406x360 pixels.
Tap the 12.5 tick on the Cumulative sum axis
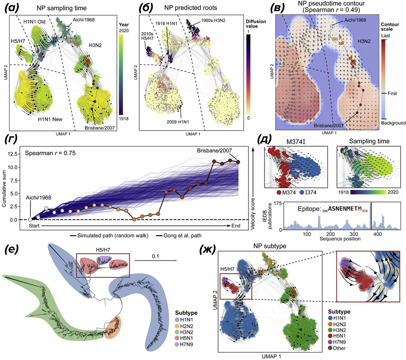pyautogui.click(x=16, y=154)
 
